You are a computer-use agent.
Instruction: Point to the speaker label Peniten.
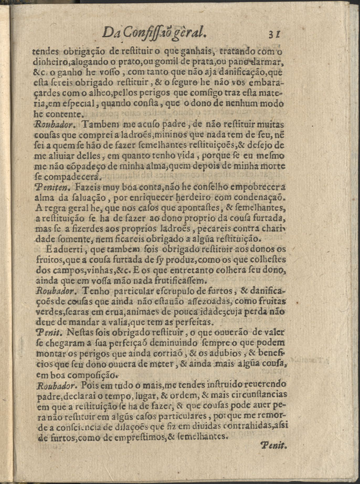tap(50, 186)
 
